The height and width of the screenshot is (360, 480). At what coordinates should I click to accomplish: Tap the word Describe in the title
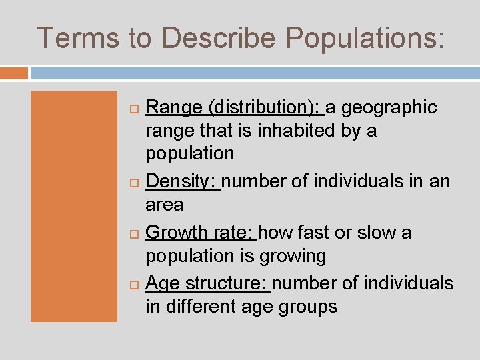[x=217, y=38]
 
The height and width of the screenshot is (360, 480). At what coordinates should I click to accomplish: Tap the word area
[x=164, y=205]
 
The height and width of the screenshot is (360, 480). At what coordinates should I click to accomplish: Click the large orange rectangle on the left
[x=73, y=207]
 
